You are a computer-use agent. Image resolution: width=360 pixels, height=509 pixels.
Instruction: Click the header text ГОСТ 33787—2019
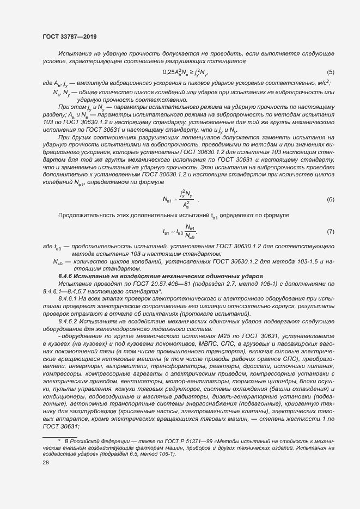pos(69,36)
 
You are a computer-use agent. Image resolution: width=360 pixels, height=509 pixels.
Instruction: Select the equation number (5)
pos(330,72)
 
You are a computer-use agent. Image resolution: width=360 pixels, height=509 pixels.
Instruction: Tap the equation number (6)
pos(330,200)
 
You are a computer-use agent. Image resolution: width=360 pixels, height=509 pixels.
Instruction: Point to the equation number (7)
pos(330,232)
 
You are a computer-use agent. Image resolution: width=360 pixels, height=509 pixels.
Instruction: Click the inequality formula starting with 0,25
pos(186,72)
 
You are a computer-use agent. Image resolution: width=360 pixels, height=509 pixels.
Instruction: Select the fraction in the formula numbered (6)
pos(188,200)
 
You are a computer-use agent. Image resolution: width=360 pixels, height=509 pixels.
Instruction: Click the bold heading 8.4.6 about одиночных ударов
pos(160,277)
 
